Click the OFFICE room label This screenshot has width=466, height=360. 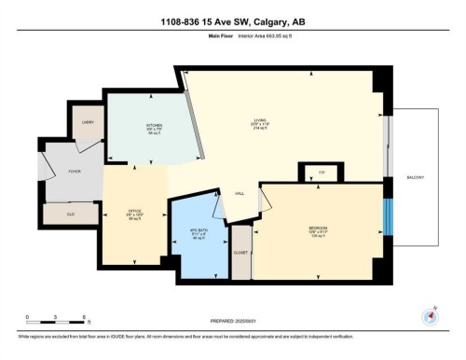click(133, 212)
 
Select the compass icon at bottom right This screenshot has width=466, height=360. click(430, 315)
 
